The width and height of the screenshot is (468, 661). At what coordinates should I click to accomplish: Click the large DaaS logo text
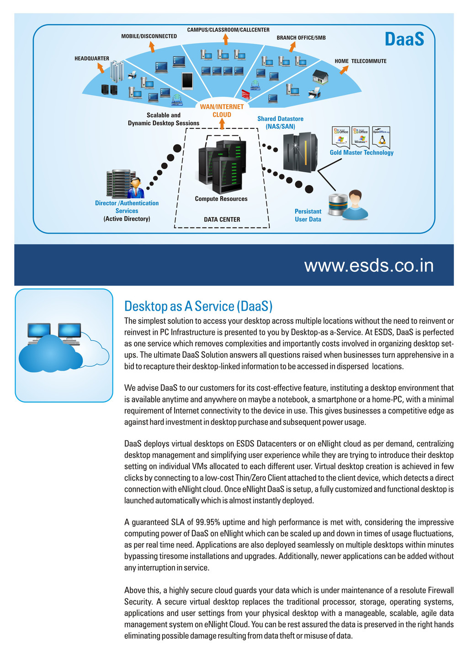404,39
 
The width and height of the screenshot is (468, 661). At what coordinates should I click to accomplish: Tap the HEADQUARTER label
92,58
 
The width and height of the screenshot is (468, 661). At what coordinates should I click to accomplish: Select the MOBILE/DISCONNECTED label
149,36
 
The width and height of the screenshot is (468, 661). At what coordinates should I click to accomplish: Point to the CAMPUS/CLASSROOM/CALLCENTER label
228,30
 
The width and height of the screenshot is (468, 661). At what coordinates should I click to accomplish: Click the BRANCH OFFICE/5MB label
301,37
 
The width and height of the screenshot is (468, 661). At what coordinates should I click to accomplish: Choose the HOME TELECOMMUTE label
360,61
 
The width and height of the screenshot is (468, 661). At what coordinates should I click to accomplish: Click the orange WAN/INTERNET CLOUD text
222,111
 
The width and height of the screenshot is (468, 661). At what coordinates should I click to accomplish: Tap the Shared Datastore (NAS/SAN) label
280,122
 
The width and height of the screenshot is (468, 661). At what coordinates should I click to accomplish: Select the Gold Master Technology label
362,153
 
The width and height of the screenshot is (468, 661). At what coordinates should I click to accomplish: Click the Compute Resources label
221,199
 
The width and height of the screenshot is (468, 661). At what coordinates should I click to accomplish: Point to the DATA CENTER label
222,219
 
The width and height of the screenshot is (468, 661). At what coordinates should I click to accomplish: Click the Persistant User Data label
308,215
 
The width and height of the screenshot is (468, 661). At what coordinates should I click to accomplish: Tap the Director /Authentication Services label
127,207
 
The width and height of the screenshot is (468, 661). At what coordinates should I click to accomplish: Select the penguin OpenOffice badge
381,136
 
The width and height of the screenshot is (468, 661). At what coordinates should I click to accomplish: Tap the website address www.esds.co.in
369,265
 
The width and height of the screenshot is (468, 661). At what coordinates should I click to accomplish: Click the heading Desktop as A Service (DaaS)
198,306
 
